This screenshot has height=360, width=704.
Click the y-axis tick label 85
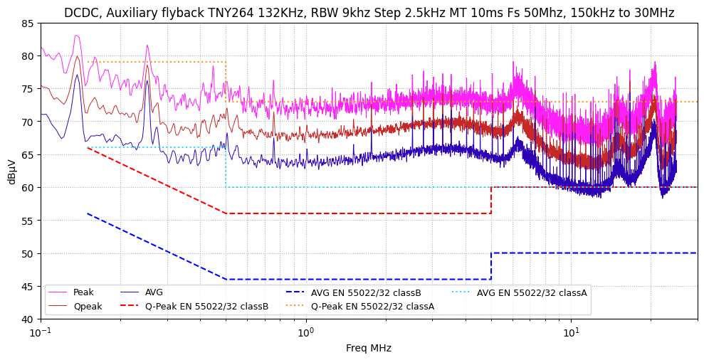(27, 23)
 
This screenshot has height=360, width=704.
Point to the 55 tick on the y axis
(27, 221)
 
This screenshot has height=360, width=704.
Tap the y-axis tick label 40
(27, 319)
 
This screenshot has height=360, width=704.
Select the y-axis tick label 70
(27, 122)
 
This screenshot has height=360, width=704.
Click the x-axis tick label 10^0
(305, 332)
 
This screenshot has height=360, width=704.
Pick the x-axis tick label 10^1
(570, 332)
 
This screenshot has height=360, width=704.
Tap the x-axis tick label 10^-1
(41, 332)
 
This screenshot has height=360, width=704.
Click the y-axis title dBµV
(11, 171)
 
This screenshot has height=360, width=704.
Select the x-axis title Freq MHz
(369, 348)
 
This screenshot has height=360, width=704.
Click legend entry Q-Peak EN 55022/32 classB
(206, 307)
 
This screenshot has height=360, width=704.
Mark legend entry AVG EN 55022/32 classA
(531, 292)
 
